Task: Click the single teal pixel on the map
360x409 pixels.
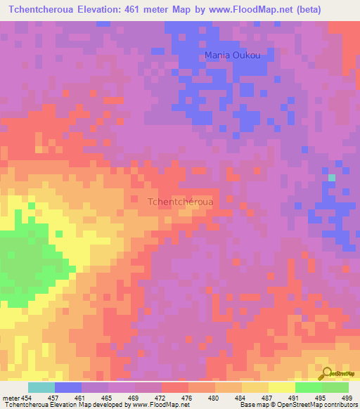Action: pyautogui.click(x=332, y=177)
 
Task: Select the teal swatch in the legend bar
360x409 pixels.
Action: pyautogui.click(x=41, y=387)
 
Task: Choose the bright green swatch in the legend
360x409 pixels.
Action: pyautogui.click(x=308, y=387)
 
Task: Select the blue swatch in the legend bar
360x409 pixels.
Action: pyautogui.click(x=67, y=387)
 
